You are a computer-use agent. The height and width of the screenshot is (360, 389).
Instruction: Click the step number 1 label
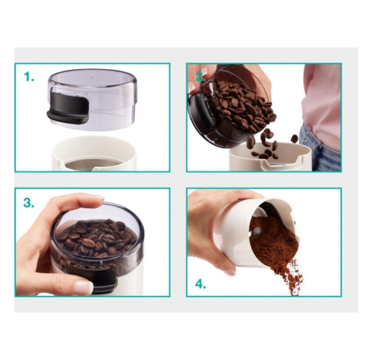coord(29,77)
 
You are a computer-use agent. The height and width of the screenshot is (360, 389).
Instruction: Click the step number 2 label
coord(200,77)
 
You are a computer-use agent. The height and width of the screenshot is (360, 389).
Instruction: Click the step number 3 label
coord(29,203)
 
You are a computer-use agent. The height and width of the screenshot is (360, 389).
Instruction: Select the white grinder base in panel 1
coord(94,154)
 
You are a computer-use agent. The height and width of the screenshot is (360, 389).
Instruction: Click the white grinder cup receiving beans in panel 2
coord(270,158)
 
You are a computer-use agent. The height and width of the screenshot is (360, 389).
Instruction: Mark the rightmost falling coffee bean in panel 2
coord(294,138)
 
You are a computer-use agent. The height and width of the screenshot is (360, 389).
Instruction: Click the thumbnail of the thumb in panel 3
coord(84,287)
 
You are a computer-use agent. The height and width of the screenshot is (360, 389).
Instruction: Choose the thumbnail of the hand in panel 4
coord(230,272)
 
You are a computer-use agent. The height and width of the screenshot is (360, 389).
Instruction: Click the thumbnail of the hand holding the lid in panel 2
coord(192,87)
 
